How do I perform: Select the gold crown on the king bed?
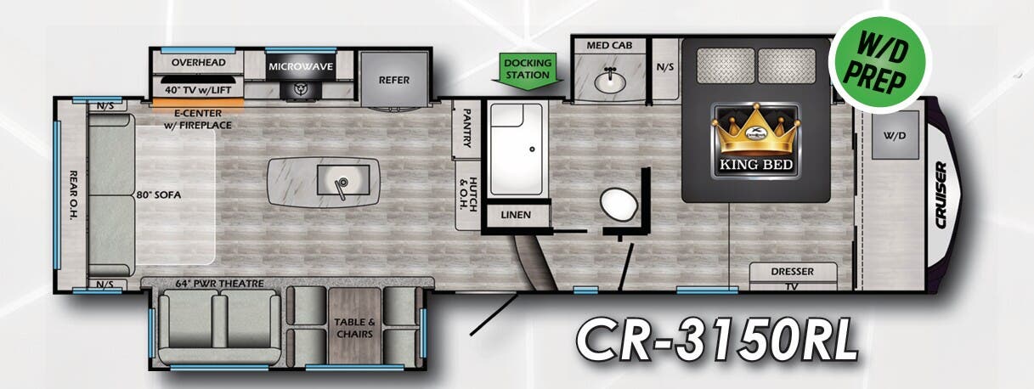[x=756, y=132]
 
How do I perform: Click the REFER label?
[x=394, y=80]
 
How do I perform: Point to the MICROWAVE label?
[x=300, y=65]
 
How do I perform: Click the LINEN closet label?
[x=516, y=215]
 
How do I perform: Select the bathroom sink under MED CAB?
[x=609, y=82]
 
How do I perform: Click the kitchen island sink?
[x=341, y=181]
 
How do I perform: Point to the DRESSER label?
[x=793, y=272]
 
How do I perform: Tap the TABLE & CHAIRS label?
[x=354, y=328]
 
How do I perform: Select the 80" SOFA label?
[x=158, y=194]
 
